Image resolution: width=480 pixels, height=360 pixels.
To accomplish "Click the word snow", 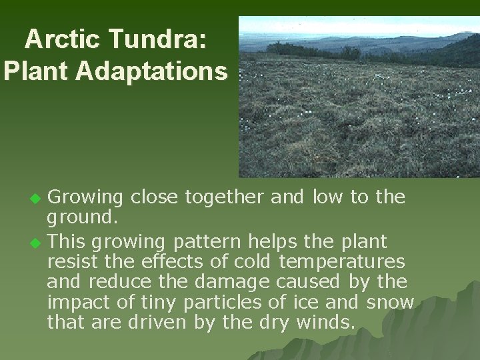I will [x=390, y=302].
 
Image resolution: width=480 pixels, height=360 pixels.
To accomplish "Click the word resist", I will [x=71, y=261].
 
